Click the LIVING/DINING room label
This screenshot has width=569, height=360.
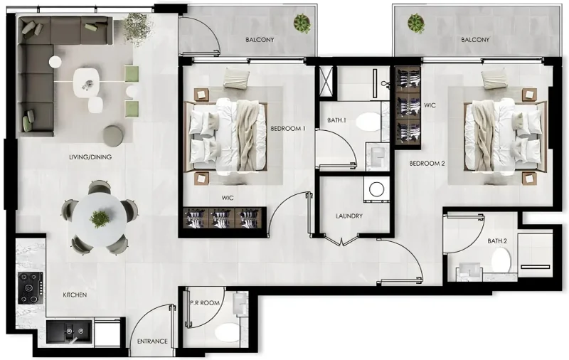pyautogui.click(x=90, y=157)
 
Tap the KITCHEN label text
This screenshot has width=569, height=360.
pyautogui.click(x=75, y=294)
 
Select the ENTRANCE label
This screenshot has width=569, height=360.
pyautogui.click(x=153, y=342)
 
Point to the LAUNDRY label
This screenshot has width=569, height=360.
pyautogui.click(x=349, y=216)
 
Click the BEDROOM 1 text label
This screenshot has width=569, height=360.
pyautogui.click(x=288, y=129)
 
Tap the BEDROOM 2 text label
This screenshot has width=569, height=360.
pyautogui.click(x=427, y=163)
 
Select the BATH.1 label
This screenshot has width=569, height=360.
pyautogui.click(x=336, y=120)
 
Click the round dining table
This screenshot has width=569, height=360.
pyautogui.click(x=100, y=217)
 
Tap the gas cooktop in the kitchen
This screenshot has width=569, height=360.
pyautogui.click(x=30, y=287)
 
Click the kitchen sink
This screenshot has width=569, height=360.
pyautogui.click(x=69, y=332)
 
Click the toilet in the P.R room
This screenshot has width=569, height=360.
pyautogui.click(x=228, y=332)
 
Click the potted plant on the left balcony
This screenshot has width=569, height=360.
pyautogui.click(x=304, y=24)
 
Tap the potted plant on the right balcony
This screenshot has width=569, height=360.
pyautogui.click(x=416, y=23)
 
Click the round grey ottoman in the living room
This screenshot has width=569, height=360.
pyautogui.click(x=113, y=135)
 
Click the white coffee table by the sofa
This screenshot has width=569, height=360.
pyautogui.click(x=87, y=80)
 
